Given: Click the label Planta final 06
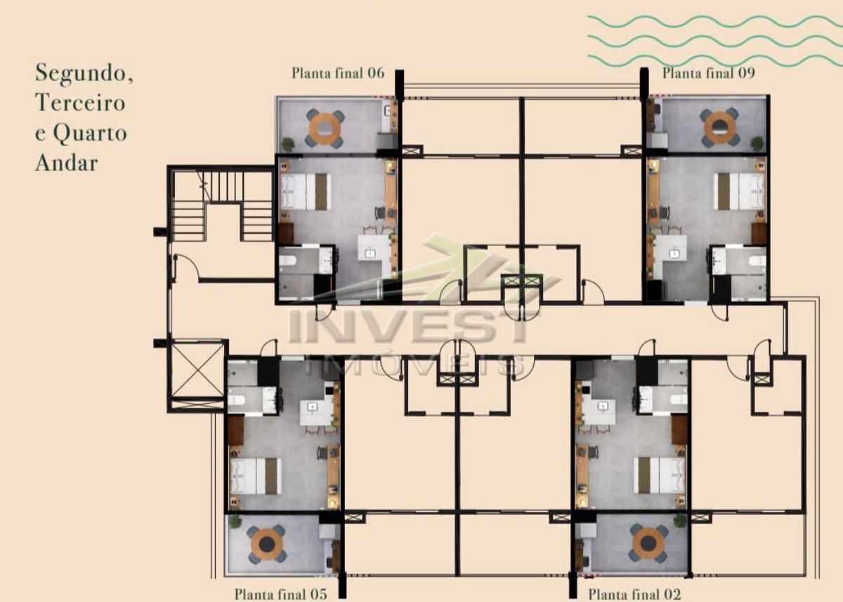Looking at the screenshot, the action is pos(338,73).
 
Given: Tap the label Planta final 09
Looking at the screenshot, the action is pos(709,73).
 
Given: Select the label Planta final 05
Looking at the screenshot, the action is pos(281,594).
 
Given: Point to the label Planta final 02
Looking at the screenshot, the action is pos(634,594).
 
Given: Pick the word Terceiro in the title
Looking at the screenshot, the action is pos(80,103).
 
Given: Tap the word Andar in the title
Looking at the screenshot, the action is pos(67,163).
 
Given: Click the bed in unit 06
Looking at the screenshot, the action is pos(306,192).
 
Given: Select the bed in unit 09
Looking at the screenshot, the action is pos(738,192).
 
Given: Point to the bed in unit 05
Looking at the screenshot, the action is pos(256,476).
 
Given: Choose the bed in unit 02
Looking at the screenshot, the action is pos(660,475).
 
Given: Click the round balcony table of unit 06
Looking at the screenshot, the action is pos(325,129).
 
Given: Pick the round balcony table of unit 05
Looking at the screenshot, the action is pos(267,544).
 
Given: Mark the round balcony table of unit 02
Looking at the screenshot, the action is pos(648,543).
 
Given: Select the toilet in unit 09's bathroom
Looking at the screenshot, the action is pos(757,261).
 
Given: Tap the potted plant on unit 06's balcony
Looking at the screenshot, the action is pos(288,144).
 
